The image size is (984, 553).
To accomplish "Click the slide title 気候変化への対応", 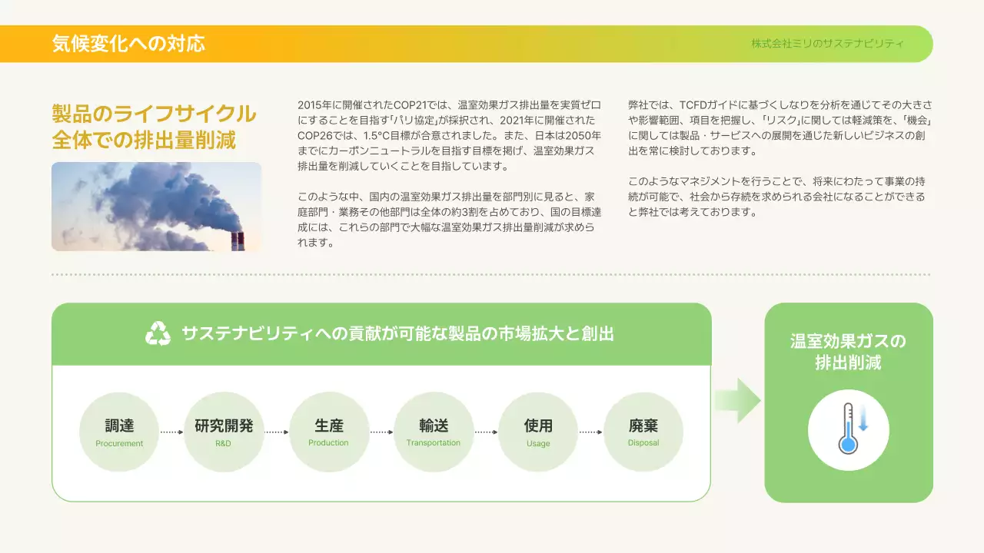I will click(x=128, y=43).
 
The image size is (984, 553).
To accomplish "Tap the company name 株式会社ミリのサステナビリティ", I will click(x=827, y=44).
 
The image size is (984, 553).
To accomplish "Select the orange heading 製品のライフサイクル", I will click(x=154, y=114).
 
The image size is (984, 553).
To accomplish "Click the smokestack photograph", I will click(x=156, y=206).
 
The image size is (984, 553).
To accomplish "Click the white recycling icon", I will click(x=158, y=333).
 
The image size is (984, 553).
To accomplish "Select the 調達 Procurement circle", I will click(x=119, y=432).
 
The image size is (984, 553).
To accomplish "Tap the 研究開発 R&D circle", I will click(x=224, y=432).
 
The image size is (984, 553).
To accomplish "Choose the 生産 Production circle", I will click(x=329, y=432).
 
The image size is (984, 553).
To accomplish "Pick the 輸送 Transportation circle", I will click(x=434, y=432).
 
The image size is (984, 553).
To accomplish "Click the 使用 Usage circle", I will click(x=538, y=432).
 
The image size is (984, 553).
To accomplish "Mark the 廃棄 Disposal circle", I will click(x=643, y=432).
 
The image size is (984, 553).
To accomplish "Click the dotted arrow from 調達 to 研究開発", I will click(x=171, y=432).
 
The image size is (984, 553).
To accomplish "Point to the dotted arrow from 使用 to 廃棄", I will click(x=591, y=432).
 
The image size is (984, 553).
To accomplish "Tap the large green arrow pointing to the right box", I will click(x=737, y=400).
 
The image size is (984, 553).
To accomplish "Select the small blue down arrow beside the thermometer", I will click(x=863, y=420).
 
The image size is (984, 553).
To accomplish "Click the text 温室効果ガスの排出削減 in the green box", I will click(x=848, y=352).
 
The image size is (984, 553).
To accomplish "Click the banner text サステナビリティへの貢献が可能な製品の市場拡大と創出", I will click(x=397, y=334).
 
